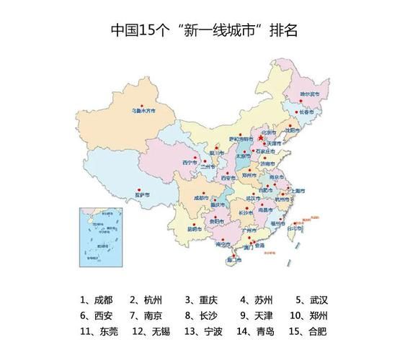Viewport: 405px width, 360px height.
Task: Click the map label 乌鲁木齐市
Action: coord(143,112)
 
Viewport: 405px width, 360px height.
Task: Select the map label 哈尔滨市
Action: coord(309,94)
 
